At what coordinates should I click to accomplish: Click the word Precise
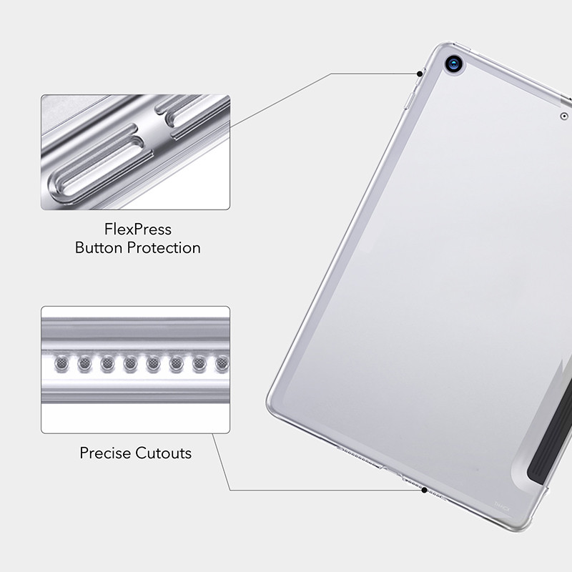tap(105, 453)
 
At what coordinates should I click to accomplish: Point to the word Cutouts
tap(164, 453)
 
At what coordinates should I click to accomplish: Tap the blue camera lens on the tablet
tap(454, 64)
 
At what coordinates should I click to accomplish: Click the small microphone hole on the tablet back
tap(564, 116)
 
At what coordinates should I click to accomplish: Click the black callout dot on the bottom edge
tap(425, 490)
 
